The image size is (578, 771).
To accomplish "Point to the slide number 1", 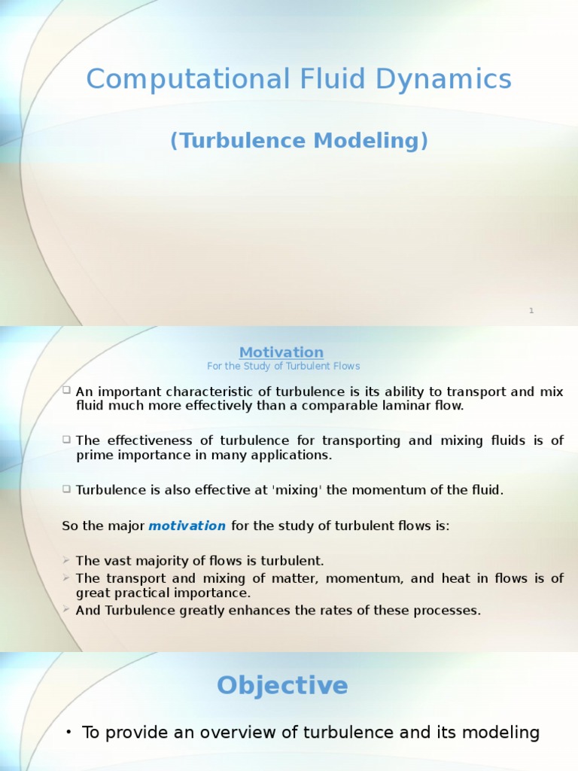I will [x=531, y=310].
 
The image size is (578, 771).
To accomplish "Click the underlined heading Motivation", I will [x=281, y=352].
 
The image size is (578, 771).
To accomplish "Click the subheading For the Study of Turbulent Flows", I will [x=283, y=366].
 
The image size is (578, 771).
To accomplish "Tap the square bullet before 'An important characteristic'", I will [x=66, y=391].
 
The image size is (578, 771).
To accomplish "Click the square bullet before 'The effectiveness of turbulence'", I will [x=66, y=440].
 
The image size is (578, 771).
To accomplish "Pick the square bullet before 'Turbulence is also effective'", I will [x=66, y=489].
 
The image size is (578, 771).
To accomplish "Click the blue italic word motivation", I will [x=187, y=526].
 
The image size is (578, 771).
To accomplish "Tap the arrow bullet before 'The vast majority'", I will [x=66, y=560].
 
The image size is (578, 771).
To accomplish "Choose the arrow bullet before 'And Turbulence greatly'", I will [x=66, y=610].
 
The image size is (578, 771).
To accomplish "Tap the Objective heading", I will [x=282, y=685].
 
